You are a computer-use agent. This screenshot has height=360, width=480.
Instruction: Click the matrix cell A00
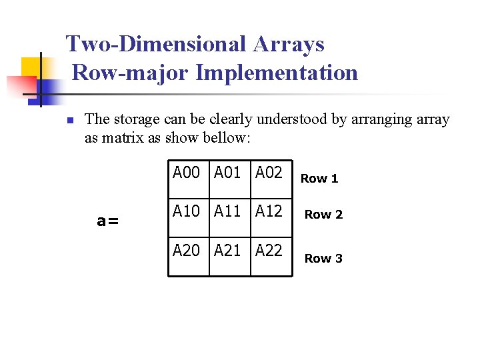click(x=186, y=173)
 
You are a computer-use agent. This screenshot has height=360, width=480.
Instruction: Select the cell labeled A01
click(x=227, y=173)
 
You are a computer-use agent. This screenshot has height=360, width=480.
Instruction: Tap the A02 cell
click(x=269, y=173)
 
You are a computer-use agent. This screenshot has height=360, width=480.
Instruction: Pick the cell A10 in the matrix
click(x=186, y=212)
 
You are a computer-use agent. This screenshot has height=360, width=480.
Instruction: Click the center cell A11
click(x=227, y=212)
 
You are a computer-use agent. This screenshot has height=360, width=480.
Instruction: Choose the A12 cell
click(x=269, y=212)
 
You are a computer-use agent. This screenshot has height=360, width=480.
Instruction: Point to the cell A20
click(x=186, y=251)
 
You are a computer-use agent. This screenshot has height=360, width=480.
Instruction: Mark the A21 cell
click(x=227, y=251)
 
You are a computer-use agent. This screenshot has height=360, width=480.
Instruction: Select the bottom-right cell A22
click(x=269, y=251)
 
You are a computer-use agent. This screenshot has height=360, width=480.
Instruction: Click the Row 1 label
click(x=319, y=178)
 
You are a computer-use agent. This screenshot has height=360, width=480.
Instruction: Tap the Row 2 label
click(x=323, y=214)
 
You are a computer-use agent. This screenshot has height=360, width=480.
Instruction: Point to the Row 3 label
click(x=323, y=258)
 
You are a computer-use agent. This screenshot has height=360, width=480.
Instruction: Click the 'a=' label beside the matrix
click(x=108, y=221)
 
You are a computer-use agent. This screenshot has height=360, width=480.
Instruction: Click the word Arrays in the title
click(x=288, y=44)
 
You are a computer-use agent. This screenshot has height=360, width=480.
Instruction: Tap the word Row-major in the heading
click(x=131, y=72)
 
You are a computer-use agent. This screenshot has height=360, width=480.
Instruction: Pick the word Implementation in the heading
click(x=277, y=72)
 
